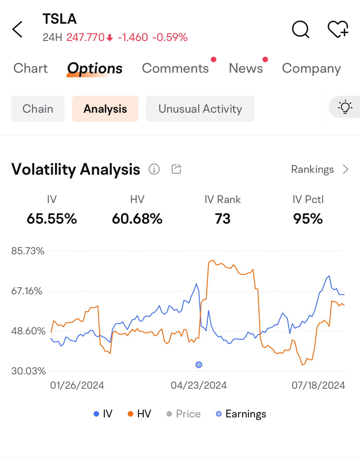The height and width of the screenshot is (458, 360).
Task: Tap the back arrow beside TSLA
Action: [x=17, y=29]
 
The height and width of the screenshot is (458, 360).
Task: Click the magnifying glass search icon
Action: [x=300, y=29]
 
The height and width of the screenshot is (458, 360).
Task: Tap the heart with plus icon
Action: [x=338, y=29]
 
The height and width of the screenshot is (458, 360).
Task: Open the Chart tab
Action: [x=30, y=68]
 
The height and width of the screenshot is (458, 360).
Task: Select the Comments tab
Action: [x=175, y=68]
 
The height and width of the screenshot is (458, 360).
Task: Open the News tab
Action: [x=246, y=68]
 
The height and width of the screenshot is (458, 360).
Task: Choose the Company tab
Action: [x=311, y=69]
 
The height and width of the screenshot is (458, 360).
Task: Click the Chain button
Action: [x=38, y=109]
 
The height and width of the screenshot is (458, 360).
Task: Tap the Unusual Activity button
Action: [x=200, y=109]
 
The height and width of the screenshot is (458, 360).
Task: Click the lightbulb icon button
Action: [x=345, y=107]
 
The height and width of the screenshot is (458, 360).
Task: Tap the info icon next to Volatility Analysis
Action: [x=154, y=169]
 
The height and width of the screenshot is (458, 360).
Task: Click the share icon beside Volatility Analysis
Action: [x=177, y=169]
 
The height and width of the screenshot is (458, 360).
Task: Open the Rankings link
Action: [x=320, y=169]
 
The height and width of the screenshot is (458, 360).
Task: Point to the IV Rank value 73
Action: [x=223, y=219]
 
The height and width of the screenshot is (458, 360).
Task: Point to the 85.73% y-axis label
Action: [x=28, y=251]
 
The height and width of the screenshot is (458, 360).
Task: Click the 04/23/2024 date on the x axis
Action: [x=199, y=385]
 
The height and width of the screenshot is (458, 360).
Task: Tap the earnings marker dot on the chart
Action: [x=199, y=365]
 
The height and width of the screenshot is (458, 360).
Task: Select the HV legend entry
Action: [x=139, y=414]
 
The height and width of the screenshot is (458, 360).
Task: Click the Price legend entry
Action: [x=183, y=414]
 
